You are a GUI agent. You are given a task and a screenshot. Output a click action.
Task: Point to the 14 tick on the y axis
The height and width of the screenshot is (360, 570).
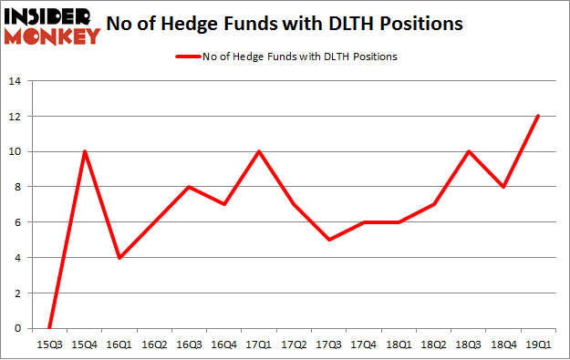tap(15, 81)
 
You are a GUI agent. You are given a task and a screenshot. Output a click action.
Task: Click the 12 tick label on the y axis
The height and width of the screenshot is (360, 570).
tap(15, 117)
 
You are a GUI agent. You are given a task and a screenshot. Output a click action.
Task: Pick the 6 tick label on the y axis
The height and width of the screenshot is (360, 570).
tap(17, 222)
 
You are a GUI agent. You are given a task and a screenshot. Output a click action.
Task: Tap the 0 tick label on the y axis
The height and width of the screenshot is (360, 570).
tap(17, 328)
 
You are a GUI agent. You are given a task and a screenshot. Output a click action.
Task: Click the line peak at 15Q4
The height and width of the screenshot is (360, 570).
tap(86, 151)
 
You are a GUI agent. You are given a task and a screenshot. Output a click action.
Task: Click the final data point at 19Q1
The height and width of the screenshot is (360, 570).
tap(538, 116)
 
